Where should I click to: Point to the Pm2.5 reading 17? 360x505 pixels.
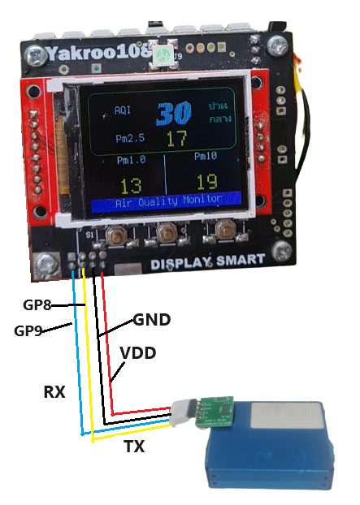[176, 139]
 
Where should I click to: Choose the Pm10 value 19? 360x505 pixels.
[206, 182]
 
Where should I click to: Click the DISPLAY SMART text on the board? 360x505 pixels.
[208, 261]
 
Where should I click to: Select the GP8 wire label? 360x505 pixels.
[37, 304]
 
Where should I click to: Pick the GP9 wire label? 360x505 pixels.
[28, 330]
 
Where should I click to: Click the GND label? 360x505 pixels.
[151, 320]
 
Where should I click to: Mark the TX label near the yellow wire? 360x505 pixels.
[133, 446]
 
